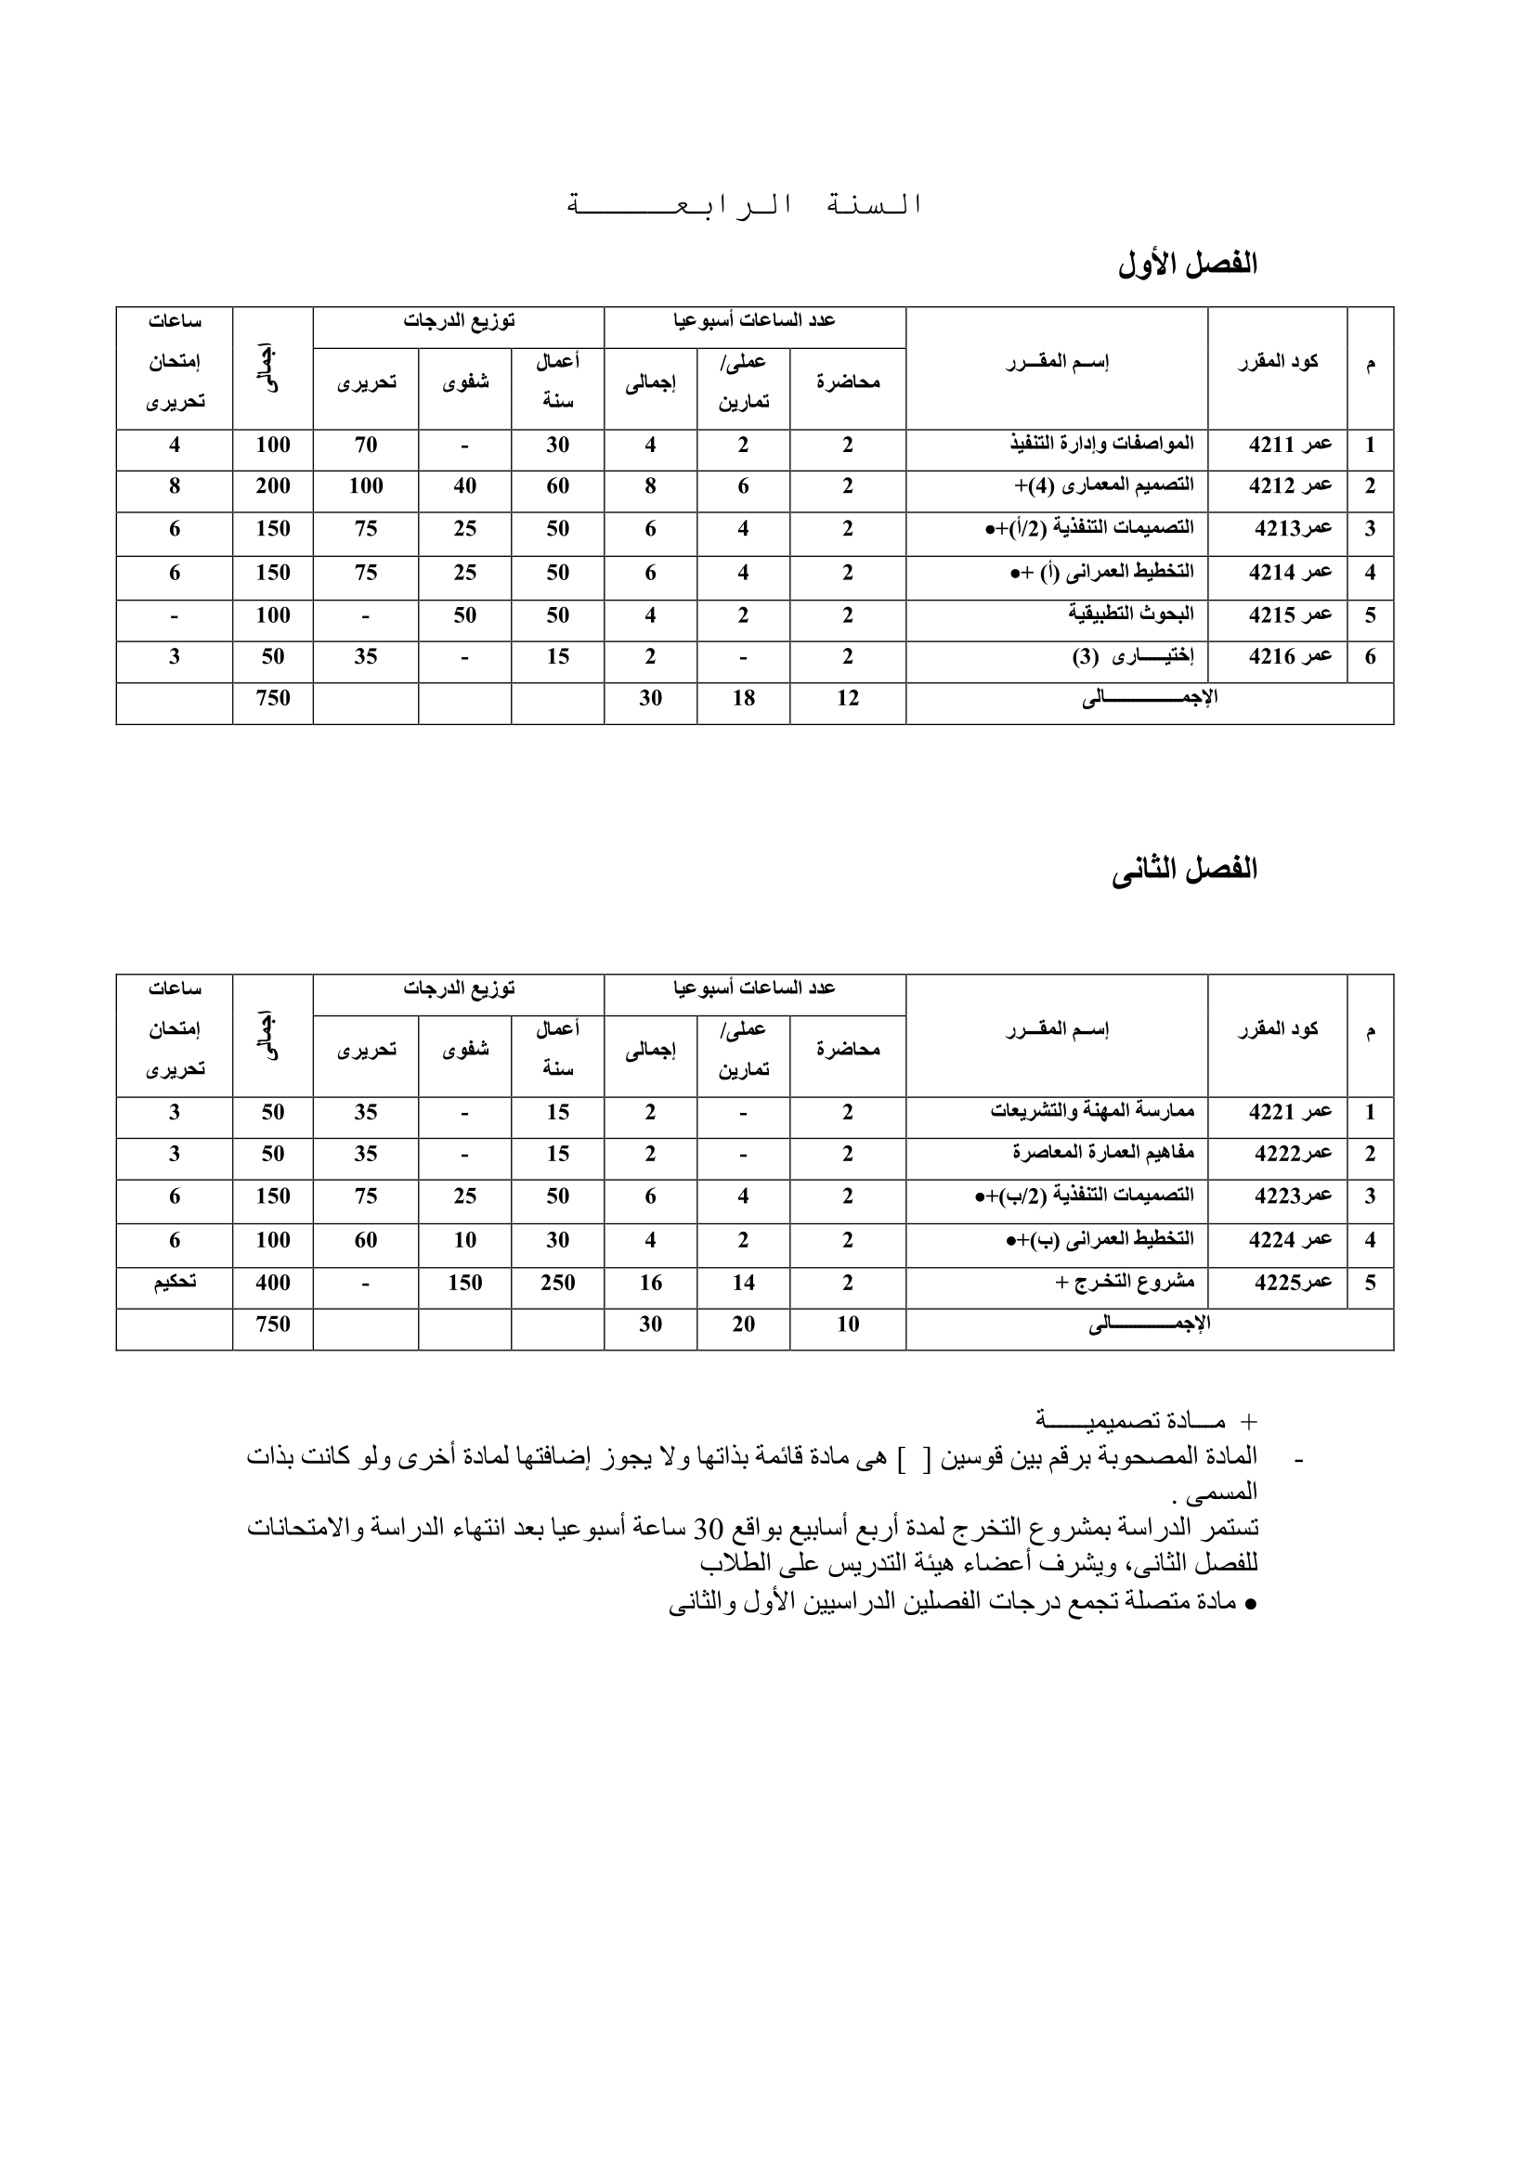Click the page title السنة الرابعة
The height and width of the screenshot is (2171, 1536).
(744, 205)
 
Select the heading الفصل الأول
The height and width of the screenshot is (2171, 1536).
(1187, 265)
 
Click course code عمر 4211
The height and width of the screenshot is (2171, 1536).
(1290, 446)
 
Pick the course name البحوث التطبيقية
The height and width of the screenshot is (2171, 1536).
(1131, 614)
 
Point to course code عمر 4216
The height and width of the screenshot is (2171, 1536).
(1290, 657)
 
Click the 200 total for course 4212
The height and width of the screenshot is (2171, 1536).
(272, 487)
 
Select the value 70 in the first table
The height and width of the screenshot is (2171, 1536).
(366, 446)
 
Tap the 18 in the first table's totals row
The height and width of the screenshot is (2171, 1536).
(744, 699)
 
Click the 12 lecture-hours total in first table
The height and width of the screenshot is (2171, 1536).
(848, 699)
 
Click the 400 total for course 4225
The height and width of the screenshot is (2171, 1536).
(272, 1283)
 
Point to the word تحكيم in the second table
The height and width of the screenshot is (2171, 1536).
(175, 1282)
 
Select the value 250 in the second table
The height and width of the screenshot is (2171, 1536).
(557, 1283)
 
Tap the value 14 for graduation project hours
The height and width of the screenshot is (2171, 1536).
(744, 1283)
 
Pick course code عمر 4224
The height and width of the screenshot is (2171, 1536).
(1290, 1240)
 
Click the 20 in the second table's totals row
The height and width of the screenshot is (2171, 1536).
(744, 1325)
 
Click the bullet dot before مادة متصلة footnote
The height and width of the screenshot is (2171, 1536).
(1250, 1605)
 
